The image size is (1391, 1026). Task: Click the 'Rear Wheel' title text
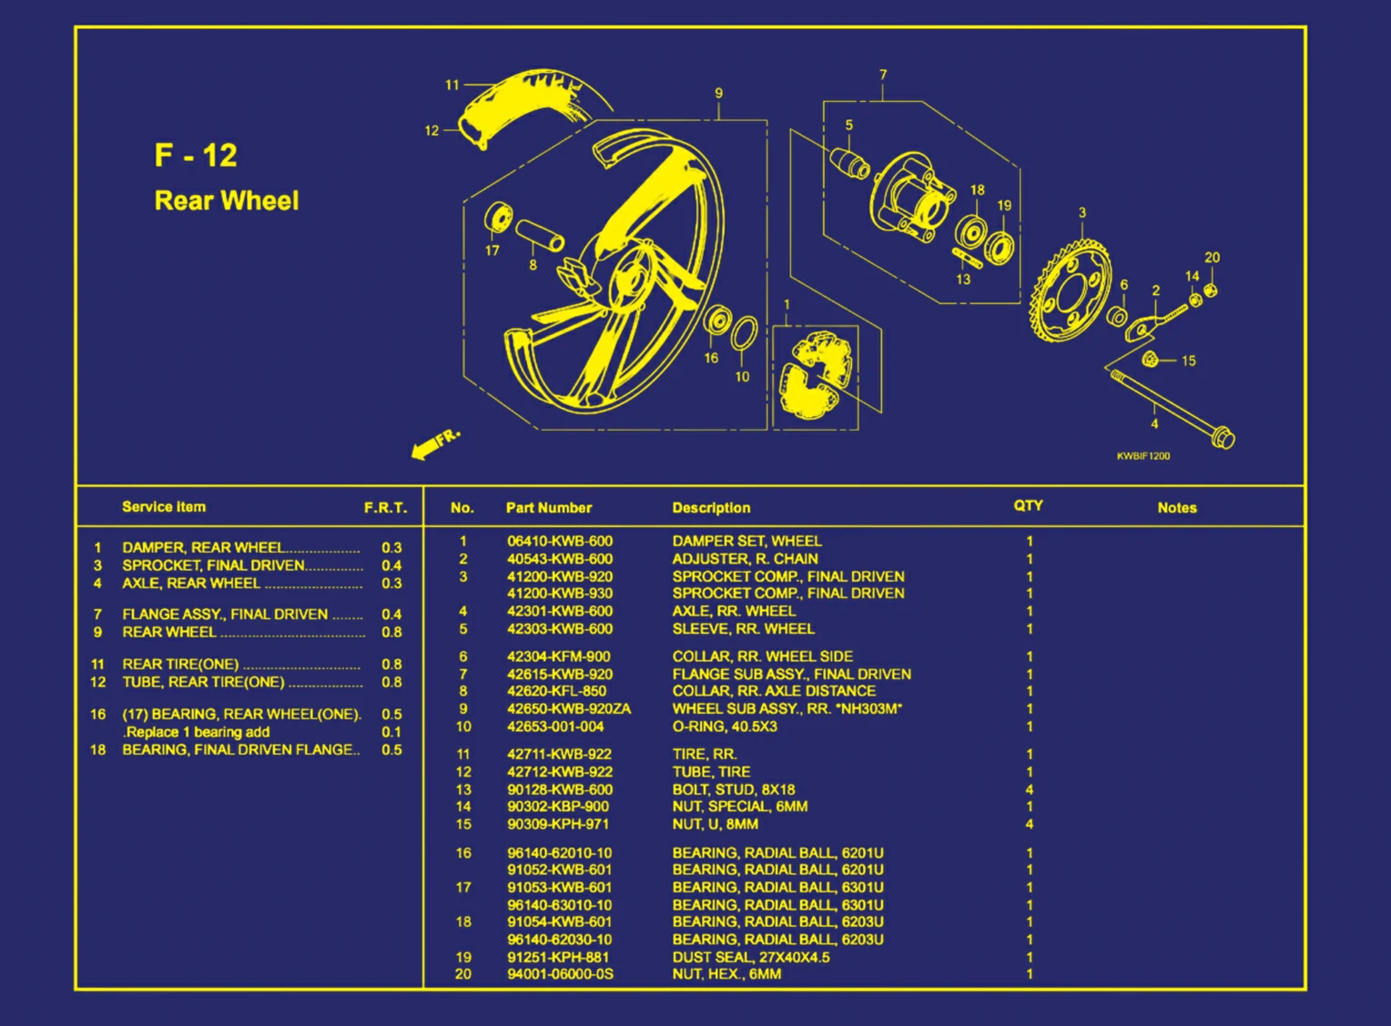click(x=227, y=200)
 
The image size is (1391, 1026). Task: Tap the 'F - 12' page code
click(x=196, y=156)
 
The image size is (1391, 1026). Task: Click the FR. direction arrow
click(x=435, y=443)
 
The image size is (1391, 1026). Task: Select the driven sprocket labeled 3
click(x=1071, y=291)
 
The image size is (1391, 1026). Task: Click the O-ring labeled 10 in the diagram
click(x=744, y=334)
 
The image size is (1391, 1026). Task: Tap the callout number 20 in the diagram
click(x=1212, y=258)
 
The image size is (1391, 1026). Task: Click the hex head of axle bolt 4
click(x=1223, y=439)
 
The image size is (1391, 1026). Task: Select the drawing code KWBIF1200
click(x=1143, y=456)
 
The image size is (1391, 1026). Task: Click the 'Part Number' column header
click(x=548, y=508)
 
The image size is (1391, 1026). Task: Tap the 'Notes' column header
click(x=1176, y=508)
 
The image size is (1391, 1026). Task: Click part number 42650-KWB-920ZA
click(x=568, y=708)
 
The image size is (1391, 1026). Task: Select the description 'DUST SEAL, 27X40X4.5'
click(x=750, y=957)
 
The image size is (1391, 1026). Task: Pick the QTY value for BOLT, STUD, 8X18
click(x=1030, y=789)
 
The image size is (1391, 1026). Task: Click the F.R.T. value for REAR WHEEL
click(x=391, y=632)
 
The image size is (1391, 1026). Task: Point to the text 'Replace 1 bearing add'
click(x=197, y=732)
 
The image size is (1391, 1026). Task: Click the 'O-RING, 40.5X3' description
click(x=728, y=726)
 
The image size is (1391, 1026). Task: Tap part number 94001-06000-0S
click(x=560, y=974)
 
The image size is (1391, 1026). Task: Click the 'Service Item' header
click(x=164, y=507)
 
